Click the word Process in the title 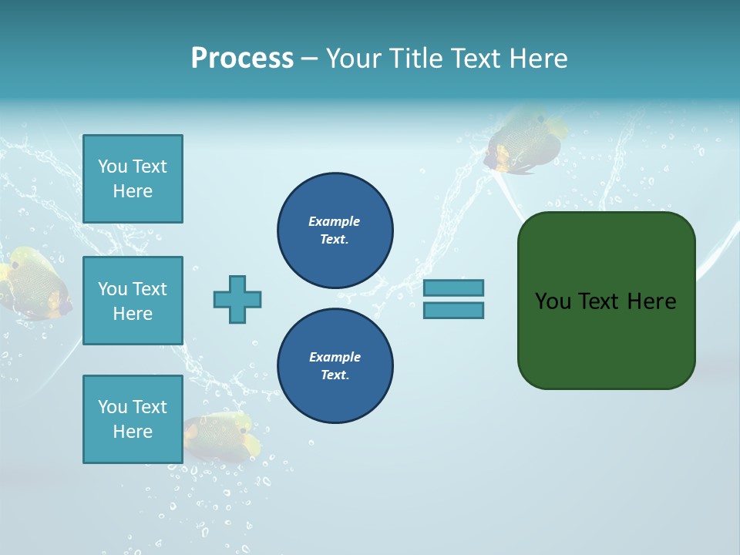(x=242, y=59)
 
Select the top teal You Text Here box (x=133, y=179)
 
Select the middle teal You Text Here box (x=133, y=301)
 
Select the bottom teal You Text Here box (x=133, y=419)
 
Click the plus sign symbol (x=237, y=299)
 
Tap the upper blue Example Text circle (x=335, y=230)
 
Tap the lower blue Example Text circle (x=335, y=366)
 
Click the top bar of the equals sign (x=453, y=288)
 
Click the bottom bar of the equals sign (x=453, y=311)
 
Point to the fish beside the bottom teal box (x=224, y=437)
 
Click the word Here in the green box (x=651, y=301)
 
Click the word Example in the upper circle (x=335, y=221)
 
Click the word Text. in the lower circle (x=335, y=375)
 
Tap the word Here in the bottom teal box (x=133, y=432)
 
